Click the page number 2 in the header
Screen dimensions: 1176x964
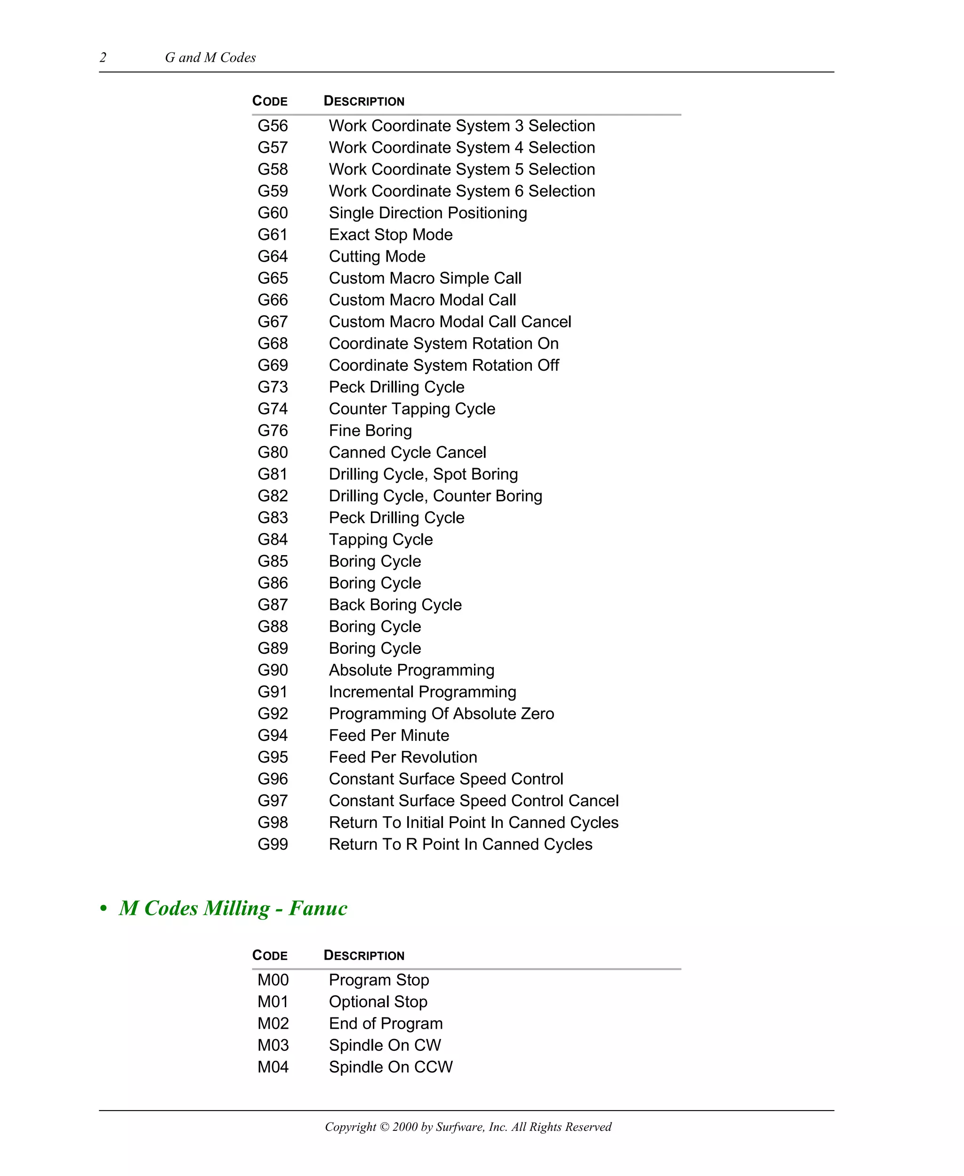click(103, 57)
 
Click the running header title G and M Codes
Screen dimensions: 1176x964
click(210, 57)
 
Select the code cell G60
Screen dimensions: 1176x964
click(273, 213)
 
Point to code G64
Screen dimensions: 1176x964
click(273, 256)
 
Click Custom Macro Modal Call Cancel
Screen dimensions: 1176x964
click(450, 322)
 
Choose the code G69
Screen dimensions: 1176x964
click(273, 365)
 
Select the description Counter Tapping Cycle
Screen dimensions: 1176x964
click(411, 409)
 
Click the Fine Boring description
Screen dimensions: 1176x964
click(370, 431)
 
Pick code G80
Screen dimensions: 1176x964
click(273, 453)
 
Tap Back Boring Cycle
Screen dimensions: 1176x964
click(395, 605)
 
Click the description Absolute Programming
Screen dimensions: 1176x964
click(411, 670)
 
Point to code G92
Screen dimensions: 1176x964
click(273, 714)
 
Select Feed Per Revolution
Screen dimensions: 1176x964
click(402, 757)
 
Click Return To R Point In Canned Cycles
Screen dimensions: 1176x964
click(460, 845)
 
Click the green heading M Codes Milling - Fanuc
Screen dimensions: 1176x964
click(233, 908)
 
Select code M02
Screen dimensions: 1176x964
click(273, 1024)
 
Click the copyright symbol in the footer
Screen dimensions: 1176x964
click(384, 1127)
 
